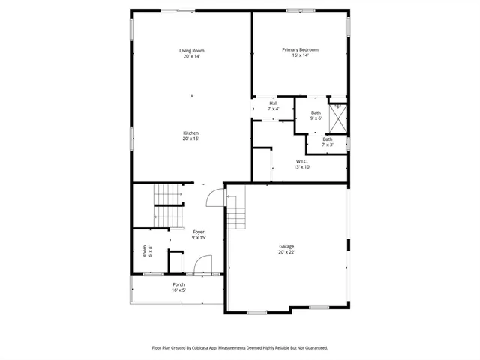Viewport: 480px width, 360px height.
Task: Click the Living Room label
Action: pyautogui.click(x=191, y=50)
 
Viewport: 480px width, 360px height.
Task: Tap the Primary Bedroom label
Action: pyautogui.click(x=300, y=49)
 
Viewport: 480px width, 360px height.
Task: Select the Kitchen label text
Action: pyautogui.click(x=190, y=133)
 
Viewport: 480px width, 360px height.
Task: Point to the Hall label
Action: pyautogui.click(x=273, y=103)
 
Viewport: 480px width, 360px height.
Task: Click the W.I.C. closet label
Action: pyautogui.click(x=302, y=161)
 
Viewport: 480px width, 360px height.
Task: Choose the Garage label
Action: pyautogui.click(x=286, y=247)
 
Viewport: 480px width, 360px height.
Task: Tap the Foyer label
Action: pyautogui.click(x=199, y=232)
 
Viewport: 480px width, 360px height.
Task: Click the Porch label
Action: pyautogui.click(x=178, y=284)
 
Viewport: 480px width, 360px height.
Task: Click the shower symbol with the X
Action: pyautogui.click(x=338, y=119)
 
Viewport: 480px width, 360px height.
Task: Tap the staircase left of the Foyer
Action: pyautogui.click(x=169, y=196)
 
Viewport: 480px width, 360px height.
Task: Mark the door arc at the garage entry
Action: pyautogui.click(x=215, y=196)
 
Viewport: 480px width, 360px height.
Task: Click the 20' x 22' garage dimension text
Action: pyautogui.click(x=286, y=252)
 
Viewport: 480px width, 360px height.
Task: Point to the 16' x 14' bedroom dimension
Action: pyautogui.click(x=300, y=55)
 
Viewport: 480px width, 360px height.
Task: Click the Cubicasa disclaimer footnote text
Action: pyautogui.click(x=240, y=347)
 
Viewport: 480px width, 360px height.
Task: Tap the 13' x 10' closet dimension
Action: pyautogui.click(x=302, y=167)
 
